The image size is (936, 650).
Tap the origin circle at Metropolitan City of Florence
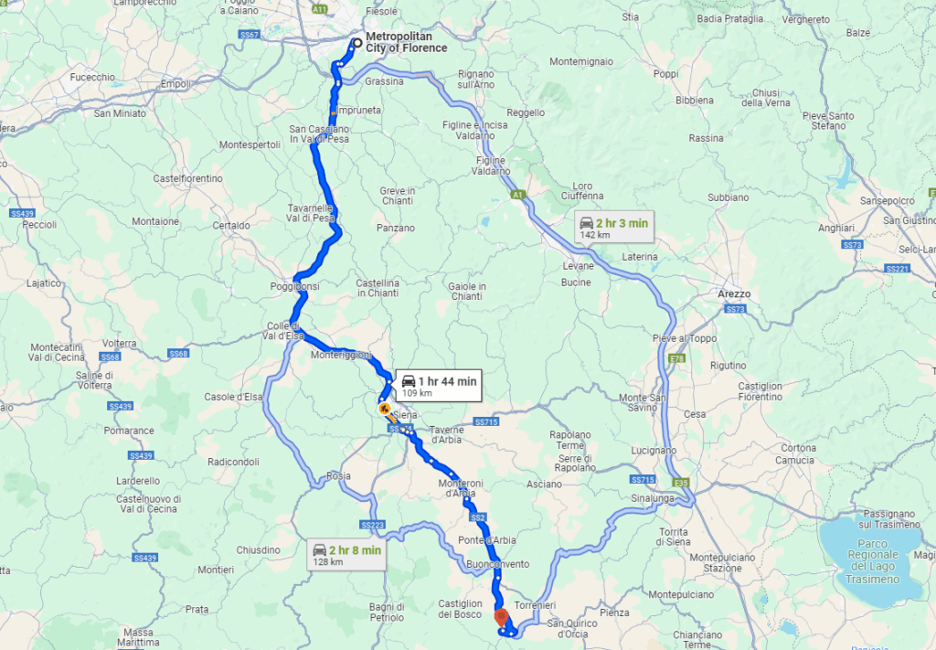point(357,42)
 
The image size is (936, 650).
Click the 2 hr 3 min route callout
point(614,228)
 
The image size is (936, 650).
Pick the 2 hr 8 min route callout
point(346,555)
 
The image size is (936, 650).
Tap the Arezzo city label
point(733,294)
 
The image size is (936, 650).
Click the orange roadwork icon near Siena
point(385,407)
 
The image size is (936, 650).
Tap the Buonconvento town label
point(497,564)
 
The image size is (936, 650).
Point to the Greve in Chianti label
point(397,197)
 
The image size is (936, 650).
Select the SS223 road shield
point(372,525)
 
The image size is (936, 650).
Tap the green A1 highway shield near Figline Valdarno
point(518,194)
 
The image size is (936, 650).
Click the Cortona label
point(797,448)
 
